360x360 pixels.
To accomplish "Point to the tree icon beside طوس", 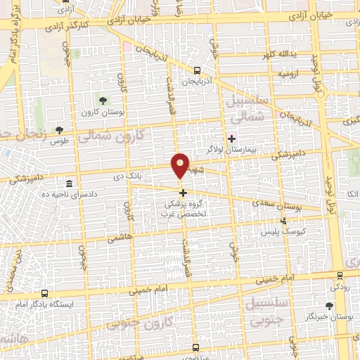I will pos(59,130).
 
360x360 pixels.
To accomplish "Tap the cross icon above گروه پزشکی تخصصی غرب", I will pos(183,193).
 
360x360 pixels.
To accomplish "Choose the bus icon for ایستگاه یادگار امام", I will pos(45,293).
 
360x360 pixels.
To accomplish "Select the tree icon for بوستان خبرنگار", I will pos(329,305).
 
